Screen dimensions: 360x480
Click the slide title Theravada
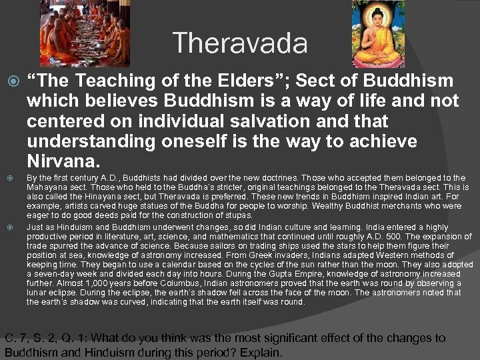point(240,44)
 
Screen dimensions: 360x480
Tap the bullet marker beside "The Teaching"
point(9,82)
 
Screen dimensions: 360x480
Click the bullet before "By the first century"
point(9,178)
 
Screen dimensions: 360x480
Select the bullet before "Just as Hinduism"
point(9,227)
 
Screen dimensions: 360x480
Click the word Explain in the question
point(263,351)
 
